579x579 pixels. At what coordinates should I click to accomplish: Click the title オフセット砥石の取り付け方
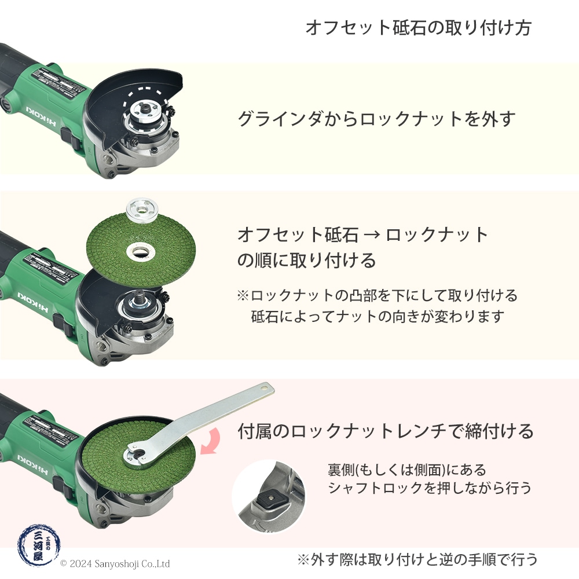point(417,28)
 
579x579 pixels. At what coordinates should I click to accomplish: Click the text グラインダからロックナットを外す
point(376,119)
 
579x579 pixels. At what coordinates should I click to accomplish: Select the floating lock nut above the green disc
point(139,209)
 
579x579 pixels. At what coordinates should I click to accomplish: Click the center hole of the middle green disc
point(138,251)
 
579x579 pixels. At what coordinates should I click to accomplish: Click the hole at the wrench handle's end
point(265,386)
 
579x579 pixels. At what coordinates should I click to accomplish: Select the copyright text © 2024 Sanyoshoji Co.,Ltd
point(115,563)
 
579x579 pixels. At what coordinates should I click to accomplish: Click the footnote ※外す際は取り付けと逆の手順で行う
point(417,559)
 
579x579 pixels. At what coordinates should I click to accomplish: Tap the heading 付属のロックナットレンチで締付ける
point(385,431)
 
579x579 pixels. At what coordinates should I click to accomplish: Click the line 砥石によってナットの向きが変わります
point(378,317)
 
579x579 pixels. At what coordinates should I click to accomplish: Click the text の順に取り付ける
point(307,260)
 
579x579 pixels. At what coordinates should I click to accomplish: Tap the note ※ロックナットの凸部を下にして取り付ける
point(377,295)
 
